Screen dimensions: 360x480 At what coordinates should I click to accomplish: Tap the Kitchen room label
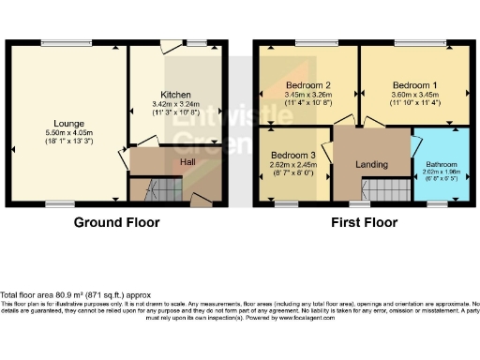[176, 95]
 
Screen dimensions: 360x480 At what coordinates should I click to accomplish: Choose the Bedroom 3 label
[292, 154]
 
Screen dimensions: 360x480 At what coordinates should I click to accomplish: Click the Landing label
[371, 164]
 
